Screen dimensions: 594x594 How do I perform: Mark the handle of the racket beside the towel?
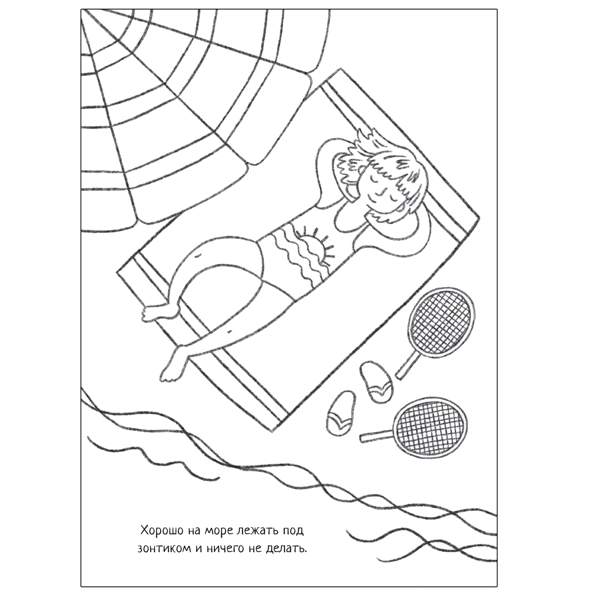pos(406,364)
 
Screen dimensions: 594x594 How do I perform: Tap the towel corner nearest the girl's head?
pos(479,217)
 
